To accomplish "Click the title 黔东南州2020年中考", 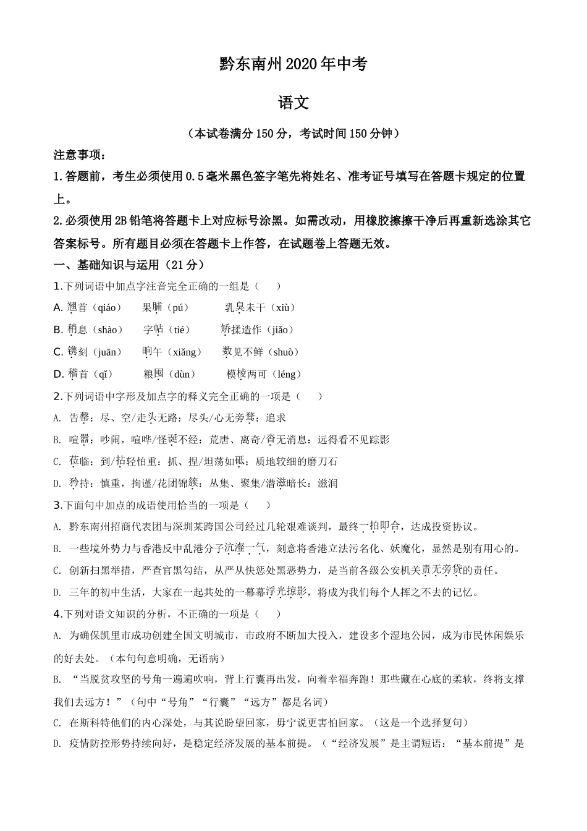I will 293,64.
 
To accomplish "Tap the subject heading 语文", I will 293,103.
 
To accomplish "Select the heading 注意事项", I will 79,154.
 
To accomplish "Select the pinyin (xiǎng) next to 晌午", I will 184,352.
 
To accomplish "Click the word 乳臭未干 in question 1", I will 245,308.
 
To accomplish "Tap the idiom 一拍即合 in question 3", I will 380,527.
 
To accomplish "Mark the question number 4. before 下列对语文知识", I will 57,615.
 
